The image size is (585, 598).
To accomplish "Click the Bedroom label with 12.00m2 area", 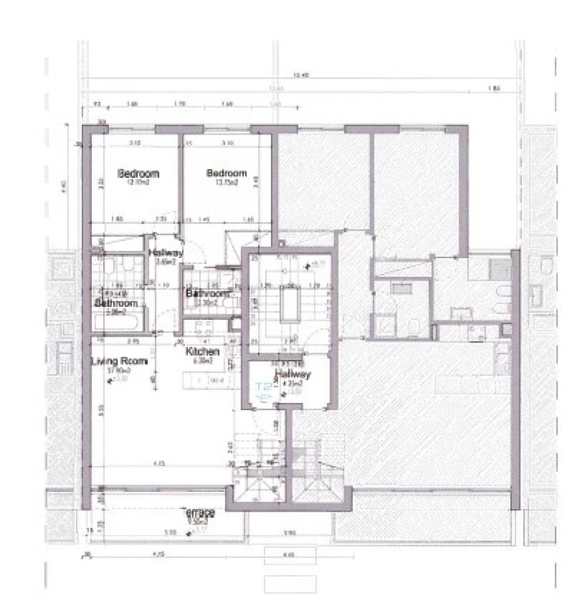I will click(138, 174).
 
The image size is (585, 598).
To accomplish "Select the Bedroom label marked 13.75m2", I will click(227, 174).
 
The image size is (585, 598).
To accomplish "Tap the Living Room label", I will click(120, 361).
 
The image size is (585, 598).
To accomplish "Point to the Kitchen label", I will click(203, 352).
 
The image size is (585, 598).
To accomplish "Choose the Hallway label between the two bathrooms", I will click(166, 253).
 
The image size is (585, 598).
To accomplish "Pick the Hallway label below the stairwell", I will click(292, 374).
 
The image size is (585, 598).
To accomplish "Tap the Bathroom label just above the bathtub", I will click(117, 304).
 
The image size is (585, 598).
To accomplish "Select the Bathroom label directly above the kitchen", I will click(207, 294).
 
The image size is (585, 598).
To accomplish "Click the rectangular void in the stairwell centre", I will click(289, 304).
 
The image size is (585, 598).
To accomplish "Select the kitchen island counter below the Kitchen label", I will click(207, 380).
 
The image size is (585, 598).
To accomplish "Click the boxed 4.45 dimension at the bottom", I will click(289, 554).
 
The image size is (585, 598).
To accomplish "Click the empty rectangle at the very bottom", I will click(289, 583).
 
